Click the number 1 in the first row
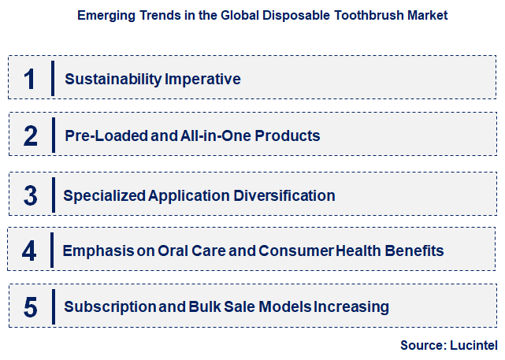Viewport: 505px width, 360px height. (29, 79)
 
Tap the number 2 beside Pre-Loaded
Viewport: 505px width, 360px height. (30, 135)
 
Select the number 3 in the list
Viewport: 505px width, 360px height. (30, 195)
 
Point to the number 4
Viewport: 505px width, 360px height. (29, 251)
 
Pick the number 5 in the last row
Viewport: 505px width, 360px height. (30, 306)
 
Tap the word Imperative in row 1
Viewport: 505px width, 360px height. (202, 79)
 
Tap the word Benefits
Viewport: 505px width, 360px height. (416, 251)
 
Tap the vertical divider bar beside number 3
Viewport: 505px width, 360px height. (52, 195)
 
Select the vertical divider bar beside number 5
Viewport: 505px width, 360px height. (52, 306)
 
